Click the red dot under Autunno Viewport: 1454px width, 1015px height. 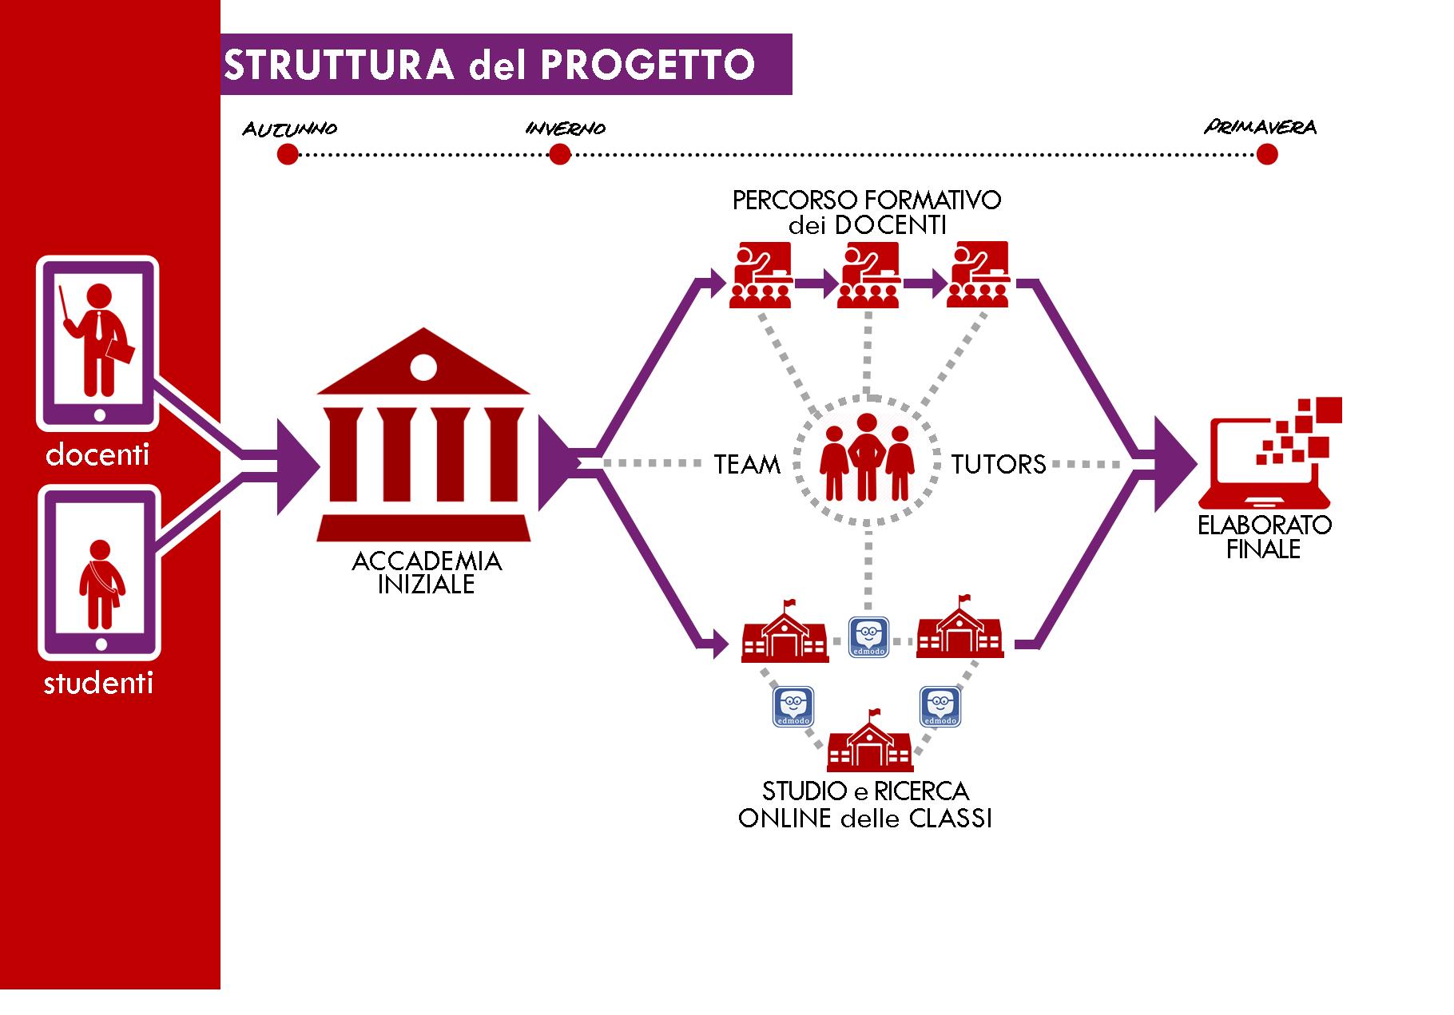(x=288, y=154)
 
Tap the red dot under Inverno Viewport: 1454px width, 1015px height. (x=560, y=154)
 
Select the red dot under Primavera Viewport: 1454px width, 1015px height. (x=1266, y=154)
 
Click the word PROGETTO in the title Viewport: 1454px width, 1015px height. (x=647, y=65)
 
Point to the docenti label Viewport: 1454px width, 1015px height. (x=97, y=454)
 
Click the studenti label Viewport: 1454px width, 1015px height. (x=97, y=684)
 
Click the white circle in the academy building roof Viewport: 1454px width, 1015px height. (x=423, y=367)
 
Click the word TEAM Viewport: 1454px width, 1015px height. (x=747, y=464)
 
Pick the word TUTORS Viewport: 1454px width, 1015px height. (x=999, y=464)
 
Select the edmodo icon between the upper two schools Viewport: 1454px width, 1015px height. (x=868, y=636)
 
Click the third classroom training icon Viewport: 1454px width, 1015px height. (x=977, y=276)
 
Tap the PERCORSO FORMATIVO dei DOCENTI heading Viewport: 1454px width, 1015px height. (x=867, y=212)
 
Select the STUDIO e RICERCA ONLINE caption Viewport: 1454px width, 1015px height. (x=865, y=805)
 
